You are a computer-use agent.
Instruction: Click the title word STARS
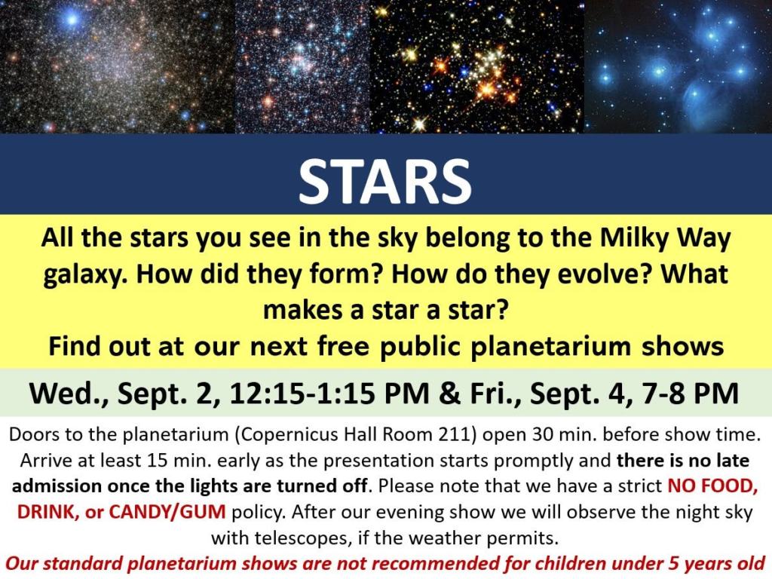pos(385,181)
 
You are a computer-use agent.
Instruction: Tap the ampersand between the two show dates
pos(449,393)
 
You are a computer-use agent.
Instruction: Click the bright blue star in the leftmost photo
pos(72,20)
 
